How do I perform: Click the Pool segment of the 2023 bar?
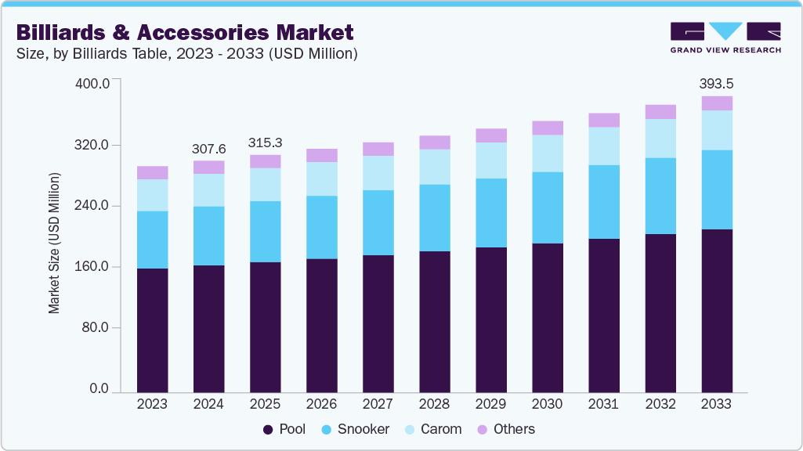152,330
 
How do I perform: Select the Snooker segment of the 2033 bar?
716,189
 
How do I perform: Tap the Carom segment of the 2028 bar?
434,167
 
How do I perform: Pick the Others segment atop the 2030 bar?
547,128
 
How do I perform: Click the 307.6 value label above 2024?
208,149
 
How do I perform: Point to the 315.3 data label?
265,143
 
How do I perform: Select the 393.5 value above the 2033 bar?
716,84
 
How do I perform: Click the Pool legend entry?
285,429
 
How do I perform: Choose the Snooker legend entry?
357,429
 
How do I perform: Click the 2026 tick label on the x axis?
321,404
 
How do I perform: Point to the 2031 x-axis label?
603,404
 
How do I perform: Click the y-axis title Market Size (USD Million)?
54,243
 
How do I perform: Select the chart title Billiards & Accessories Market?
185,33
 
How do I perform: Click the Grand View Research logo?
725,38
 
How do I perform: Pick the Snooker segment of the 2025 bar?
265,232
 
